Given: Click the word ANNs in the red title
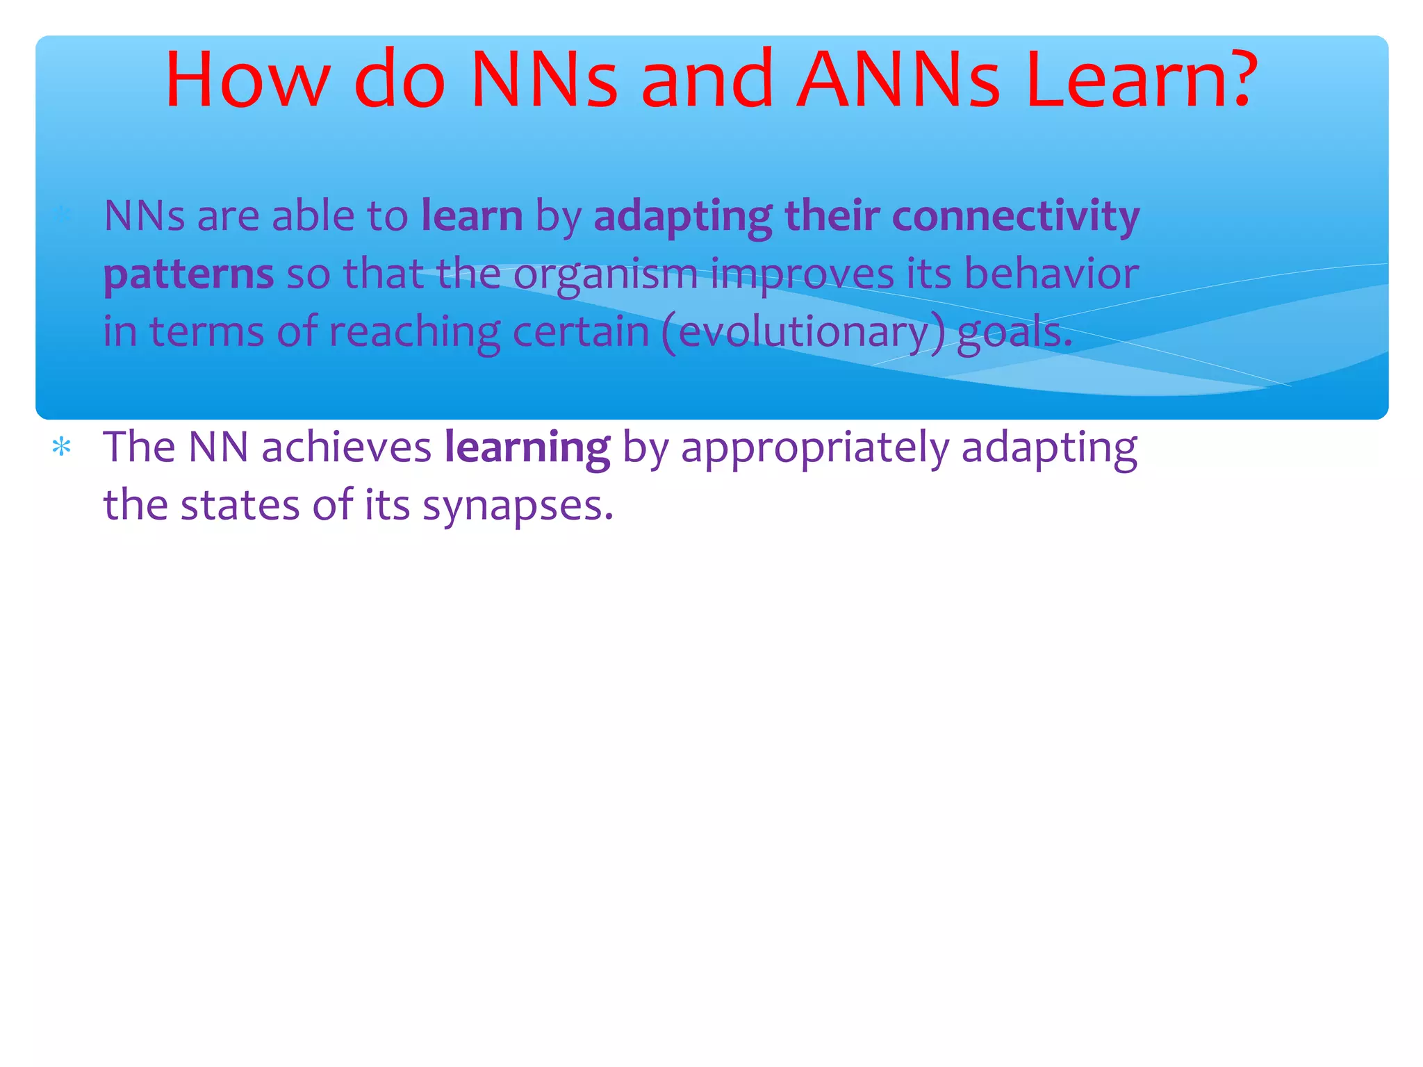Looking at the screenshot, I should pos(898,80).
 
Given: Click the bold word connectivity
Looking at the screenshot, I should pos(1015,215).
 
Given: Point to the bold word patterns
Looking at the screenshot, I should pos(188,274).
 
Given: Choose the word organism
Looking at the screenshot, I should pos(605,274).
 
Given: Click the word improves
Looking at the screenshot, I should pos(802,274).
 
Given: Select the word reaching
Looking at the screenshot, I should pos(414,331).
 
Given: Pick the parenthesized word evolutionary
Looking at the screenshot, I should pos(803,332).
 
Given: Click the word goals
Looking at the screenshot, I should pos(1014,332).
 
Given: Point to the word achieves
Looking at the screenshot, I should pos(347,447).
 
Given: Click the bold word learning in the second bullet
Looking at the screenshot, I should pos(527,448).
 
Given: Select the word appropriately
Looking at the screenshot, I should pos(814,448).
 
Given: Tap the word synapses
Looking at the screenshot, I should pos(518,506).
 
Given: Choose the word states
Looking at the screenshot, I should pos(240,505).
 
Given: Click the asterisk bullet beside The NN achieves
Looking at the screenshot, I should pos(62,447).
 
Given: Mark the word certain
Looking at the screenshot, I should pos(580,331).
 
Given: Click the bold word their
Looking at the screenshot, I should pos(832,215).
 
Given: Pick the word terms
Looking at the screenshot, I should pos(206,331).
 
